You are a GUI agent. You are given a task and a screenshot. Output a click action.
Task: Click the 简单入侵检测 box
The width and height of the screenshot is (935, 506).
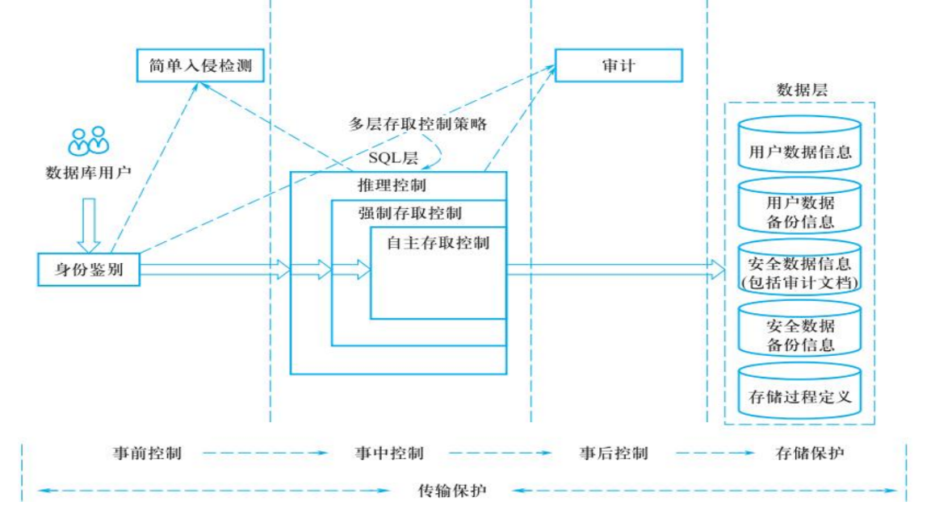click(x=200, y=65)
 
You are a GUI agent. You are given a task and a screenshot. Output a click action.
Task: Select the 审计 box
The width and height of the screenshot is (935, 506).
click(x=618, y=65)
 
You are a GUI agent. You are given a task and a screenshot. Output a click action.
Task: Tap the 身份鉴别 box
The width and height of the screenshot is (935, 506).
click(x=89, y=270)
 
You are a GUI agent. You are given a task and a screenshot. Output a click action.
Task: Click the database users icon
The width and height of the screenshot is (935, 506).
click(x=89, y=141)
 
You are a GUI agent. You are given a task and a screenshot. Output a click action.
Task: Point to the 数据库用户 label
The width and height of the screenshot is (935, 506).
click(x=88, y=173)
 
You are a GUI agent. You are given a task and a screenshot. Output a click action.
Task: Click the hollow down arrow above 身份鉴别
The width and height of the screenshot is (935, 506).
click(x=89, y=225)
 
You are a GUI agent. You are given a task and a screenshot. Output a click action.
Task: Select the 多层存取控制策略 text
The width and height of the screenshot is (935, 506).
click(x=418, y=124)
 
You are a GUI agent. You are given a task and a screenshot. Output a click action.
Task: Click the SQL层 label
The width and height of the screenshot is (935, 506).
click(x=393, y=158)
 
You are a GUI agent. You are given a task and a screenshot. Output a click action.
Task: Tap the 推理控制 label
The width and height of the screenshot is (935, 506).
click(x=392, y=186)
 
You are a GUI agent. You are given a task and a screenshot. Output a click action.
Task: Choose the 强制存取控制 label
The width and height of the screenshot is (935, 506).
click(x=409, y=213)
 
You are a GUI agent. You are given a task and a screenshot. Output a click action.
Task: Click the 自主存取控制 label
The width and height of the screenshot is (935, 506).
click(x=438, y=243)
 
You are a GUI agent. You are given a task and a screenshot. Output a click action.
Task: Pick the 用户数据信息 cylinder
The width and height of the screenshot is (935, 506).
click(x=799, y=144)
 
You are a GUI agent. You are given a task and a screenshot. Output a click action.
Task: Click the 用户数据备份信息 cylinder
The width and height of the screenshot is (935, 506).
click(x=799, y=206)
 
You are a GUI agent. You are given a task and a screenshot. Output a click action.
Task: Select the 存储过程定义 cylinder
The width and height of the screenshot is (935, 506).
click(x=799, y=391)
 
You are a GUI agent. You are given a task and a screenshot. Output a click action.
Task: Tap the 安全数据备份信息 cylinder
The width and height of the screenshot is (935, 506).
click(x=799, y=329)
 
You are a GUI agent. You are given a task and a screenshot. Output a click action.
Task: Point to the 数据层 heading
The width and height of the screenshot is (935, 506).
click(x=802, y=90)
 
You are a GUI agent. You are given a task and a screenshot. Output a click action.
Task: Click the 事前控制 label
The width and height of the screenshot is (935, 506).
click(x=147, y=454)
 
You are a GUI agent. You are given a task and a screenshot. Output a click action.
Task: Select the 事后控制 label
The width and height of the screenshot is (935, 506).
click(x=614, y=454)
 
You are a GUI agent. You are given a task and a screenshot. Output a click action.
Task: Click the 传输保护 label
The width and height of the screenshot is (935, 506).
click(x=452, y=491)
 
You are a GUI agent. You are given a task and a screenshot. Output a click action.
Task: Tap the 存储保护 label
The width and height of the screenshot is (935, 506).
click(x=810, y=454)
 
